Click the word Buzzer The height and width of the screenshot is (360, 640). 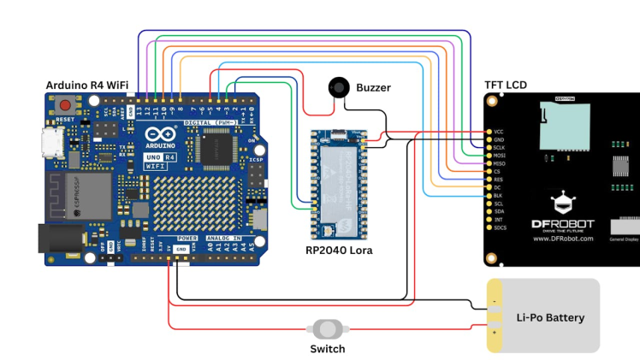[x=373, y=87]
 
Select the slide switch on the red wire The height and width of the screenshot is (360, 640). [x=326, y=328]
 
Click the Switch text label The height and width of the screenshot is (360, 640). [x=327, y=349]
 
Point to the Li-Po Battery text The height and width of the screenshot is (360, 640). [x=550, y=318]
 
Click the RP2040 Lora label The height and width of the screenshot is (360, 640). [x=340, y=251]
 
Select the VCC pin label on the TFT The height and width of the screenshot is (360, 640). [x=499, y=133]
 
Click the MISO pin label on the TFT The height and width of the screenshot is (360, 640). [x=499, y=163]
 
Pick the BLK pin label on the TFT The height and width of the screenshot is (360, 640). [x=498, y=194]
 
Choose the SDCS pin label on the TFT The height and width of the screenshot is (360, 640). [x=500, y=228]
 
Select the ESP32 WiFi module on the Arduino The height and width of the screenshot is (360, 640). [x=81, y=198]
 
